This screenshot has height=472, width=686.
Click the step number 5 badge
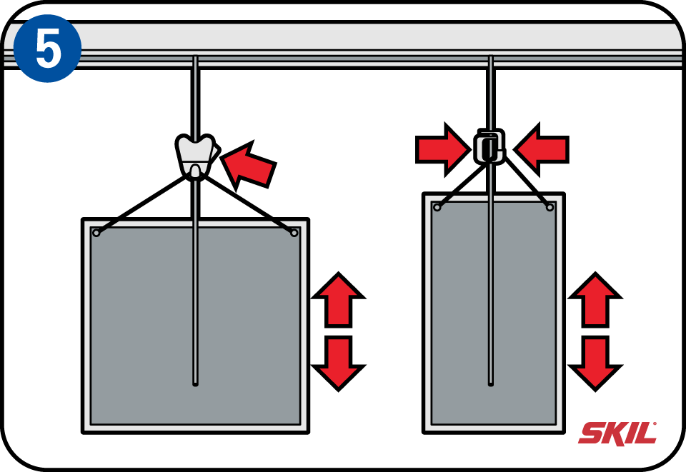[x=47, y=48]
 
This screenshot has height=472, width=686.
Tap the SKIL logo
[x=617, y=433]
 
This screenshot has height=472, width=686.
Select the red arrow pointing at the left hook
[x=247, y=164]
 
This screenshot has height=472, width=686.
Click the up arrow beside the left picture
[x=338, y=299]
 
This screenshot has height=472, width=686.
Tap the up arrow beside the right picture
[x=595, y=299]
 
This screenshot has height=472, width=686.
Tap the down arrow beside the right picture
[x=595, y=362]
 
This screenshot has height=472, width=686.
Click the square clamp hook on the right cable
[x=489, y=147]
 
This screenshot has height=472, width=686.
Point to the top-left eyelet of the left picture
[x=96, y=233]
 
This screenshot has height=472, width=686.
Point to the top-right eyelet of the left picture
[x=294, y=233]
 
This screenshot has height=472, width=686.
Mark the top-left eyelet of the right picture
[x=437, y=207]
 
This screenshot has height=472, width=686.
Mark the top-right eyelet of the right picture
[x=550, y=207]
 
